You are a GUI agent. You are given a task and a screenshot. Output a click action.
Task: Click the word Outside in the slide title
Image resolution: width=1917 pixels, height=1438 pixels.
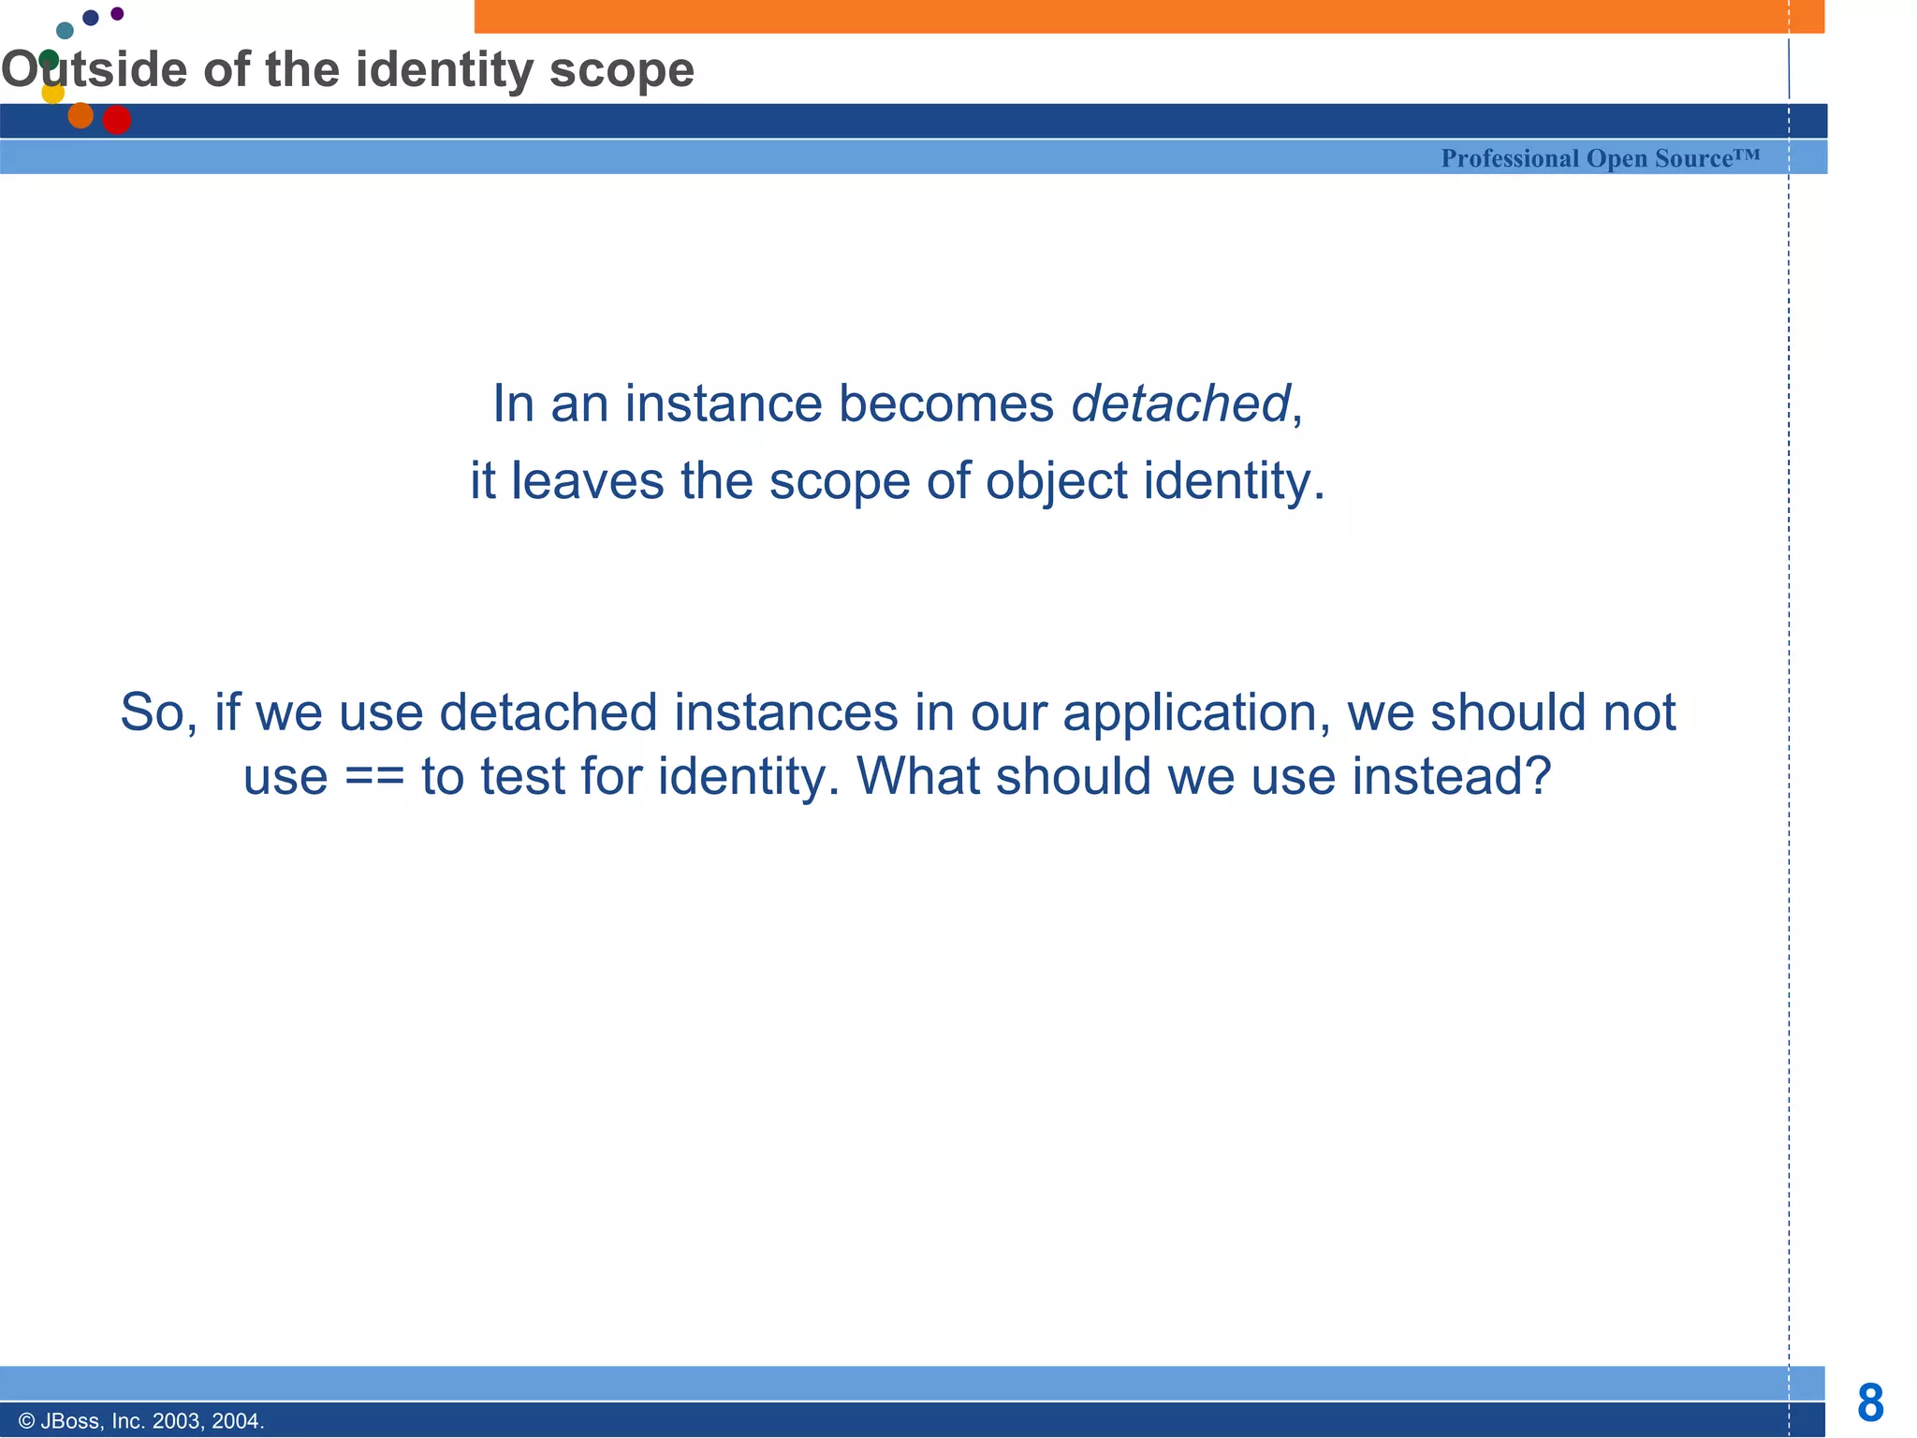coord(94,70)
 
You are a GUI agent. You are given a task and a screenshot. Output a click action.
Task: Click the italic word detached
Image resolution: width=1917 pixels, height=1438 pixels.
coord(1180,404)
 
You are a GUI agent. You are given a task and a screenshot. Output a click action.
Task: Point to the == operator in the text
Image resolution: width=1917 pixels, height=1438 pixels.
coord(374,777)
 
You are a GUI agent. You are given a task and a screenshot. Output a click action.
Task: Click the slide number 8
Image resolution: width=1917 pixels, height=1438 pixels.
coord(1870,1403)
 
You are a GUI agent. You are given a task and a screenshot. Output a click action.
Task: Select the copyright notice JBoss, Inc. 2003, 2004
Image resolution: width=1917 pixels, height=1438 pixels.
coord(141,1421)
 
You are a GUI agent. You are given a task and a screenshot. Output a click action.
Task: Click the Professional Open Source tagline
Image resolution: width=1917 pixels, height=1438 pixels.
coord(1600,158)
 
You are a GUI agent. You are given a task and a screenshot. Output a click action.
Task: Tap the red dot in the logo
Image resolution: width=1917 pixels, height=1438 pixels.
coord(117,120)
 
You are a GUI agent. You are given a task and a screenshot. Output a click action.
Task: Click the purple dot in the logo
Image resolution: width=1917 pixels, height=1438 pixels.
coord(117,13)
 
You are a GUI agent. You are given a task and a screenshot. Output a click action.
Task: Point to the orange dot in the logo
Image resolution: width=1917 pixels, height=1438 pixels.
coord(80,115)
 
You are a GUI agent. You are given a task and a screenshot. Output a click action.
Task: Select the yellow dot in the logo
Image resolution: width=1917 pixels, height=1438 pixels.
coord(53,93)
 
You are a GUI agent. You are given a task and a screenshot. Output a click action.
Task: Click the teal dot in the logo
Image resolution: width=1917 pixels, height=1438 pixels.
coord(65,31)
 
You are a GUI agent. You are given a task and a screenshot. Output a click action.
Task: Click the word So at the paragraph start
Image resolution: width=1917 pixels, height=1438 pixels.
coord(154,713)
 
